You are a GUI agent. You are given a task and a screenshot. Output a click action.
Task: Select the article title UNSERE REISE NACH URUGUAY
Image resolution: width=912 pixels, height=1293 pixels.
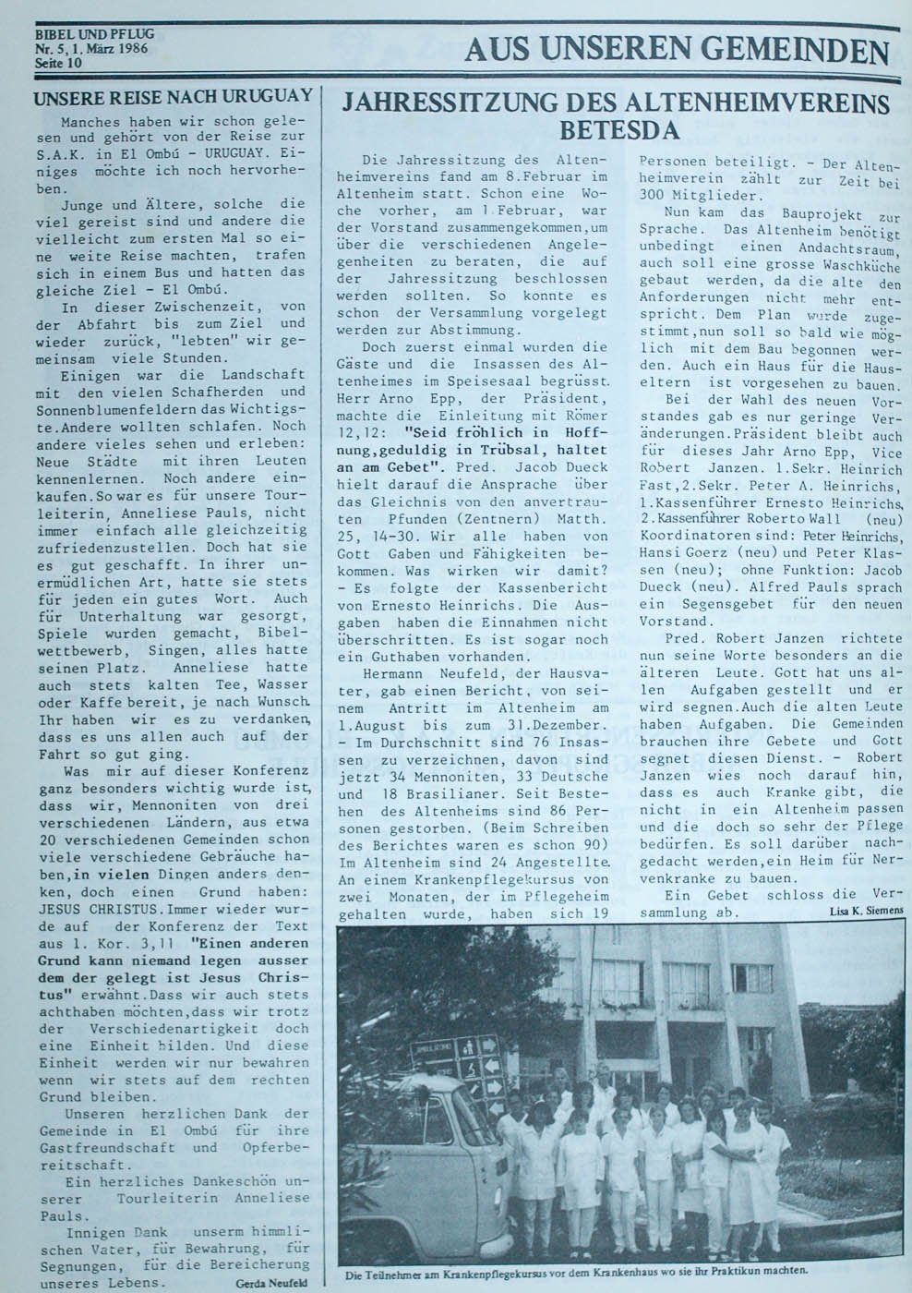pos(173,95)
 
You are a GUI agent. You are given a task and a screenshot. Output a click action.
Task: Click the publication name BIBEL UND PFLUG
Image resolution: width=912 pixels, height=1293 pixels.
pos(94,34)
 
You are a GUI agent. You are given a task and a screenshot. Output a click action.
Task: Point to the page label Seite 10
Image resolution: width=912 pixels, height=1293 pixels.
pos(58,63)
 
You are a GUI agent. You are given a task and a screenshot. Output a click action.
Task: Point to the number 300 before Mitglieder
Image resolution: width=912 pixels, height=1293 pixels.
pos(652,196)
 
